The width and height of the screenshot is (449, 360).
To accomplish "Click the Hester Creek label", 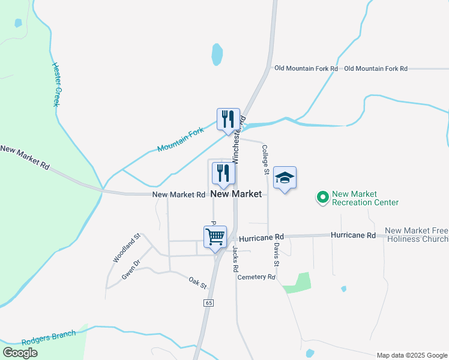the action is click(57, 85).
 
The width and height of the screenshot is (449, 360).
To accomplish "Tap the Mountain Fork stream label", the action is click(180, 139).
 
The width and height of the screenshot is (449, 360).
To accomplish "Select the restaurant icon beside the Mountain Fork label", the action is click(228, 119).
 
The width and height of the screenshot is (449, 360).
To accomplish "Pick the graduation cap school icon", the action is click(285, 178).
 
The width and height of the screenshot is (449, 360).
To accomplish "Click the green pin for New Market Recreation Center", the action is click(323, 197).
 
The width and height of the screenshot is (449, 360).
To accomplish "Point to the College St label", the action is click(265, 160).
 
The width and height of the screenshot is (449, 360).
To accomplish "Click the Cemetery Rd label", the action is click(256, 277).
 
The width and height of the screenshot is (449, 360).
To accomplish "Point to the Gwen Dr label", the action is click(130, 269).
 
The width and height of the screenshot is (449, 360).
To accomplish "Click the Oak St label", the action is click(197, 281).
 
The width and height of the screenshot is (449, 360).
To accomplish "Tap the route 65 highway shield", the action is click(208, 304).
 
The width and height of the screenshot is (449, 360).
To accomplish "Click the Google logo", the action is click(20, 353).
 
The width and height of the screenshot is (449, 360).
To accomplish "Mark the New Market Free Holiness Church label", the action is click(417, 235).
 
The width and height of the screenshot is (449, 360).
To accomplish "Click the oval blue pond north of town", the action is click(217, 55).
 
